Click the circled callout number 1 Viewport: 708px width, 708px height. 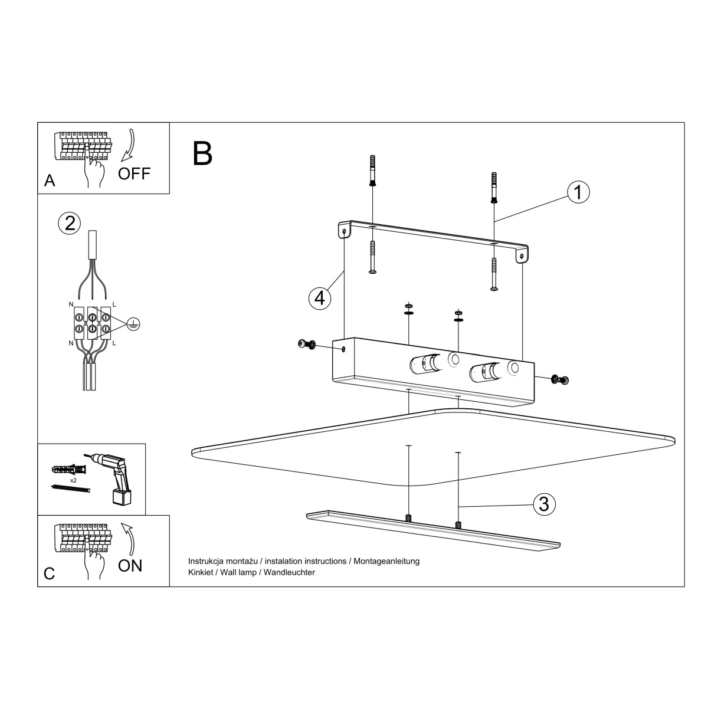[578, 192]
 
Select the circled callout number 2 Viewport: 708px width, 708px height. [70, 224]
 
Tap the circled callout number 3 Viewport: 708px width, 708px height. [544, 504]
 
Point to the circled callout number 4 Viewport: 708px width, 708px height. [320, 299]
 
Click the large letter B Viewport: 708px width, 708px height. [202, 153]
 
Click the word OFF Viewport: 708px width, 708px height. [134, 173]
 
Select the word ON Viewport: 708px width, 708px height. [130, 566]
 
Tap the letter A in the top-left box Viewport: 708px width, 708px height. [50, 181]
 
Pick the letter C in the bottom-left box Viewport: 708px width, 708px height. [49, 573]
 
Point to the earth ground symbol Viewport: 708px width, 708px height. [133, 324]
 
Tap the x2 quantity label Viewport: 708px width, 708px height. [73, 480]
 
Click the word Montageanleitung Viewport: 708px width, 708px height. [386, 562]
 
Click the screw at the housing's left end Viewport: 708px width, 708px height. [306, 344]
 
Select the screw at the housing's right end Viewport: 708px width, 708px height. [560, 379]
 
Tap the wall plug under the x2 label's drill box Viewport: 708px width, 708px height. [68, 469]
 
